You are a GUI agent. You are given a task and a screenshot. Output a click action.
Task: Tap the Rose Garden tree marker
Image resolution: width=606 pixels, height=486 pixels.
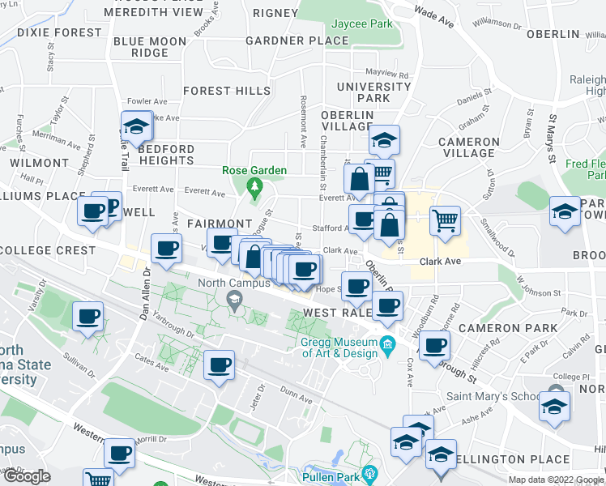(255, 189)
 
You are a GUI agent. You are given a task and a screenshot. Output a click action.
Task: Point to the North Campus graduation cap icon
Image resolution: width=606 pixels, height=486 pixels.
(235, 301)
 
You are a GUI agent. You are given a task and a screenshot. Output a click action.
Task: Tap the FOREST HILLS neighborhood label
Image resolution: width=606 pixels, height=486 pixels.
(226, 91)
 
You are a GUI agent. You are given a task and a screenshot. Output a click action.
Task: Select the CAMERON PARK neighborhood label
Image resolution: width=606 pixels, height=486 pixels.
(507, 328)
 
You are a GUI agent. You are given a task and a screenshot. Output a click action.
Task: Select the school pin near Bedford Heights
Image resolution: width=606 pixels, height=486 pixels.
(137, 127)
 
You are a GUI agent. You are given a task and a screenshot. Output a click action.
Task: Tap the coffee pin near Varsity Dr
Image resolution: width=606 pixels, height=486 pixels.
(87, 317)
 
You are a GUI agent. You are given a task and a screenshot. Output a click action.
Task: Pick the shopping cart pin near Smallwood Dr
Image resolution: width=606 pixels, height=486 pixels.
(445, 220)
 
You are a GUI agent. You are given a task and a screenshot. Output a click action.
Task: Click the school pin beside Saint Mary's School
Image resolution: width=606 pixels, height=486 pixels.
(554, 406)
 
